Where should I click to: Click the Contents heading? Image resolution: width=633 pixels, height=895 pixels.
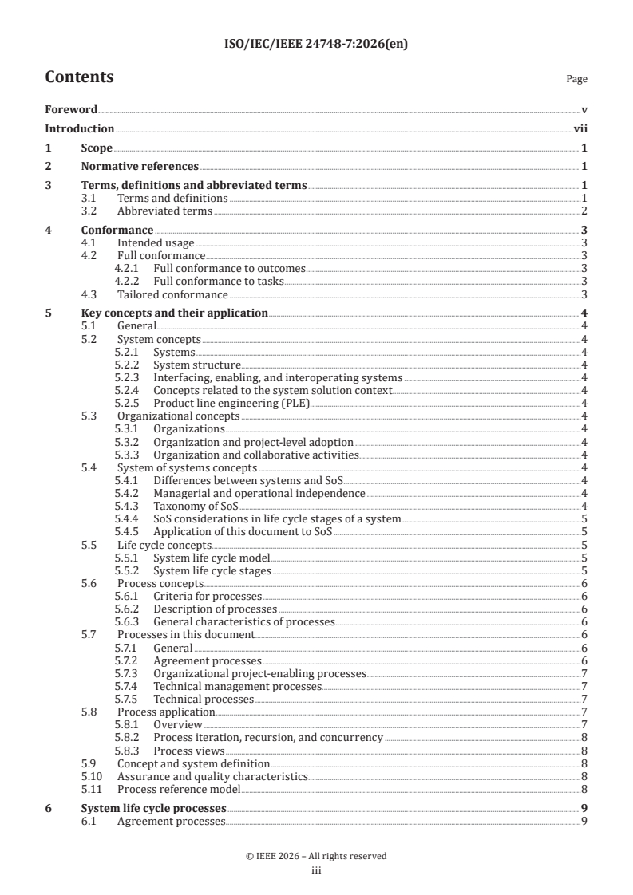pyautogui.click(x=79, y=77)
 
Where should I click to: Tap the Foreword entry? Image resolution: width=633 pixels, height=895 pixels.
pyautogui.click(x=71, y=109)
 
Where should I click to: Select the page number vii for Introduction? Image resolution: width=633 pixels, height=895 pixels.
pyautogui.click(x=581, y=128)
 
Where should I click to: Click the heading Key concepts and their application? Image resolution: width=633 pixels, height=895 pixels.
pyautogui.click(x=175, y=313)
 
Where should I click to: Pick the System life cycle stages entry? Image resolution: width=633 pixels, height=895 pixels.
pyautogui.click(x=212, y=570)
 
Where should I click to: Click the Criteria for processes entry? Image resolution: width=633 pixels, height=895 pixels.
pyautogui.click(x=207, y=596)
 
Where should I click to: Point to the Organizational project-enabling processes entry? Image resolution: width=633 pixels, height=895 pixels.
pyautogui.click(x=259, y=673)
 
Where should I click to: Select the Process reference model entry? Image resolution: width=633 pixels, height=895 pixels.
pyautogui.click(x=178, y=789)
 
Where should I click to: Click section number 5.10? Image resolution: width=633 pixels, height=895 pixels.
pyautogui.click(x=93, y=776)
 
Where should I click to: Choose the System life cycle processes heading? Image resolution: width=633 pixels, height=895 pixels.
pyautogui.click(x=153, y=808)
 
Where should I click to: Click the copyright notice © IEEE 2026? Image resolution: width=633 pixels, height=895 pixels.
pyautogui.click(x=316, y=856)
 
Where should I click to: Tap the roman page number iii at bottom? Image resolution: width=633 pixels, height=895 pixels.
pyautogui.click(x=316, y=871)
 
